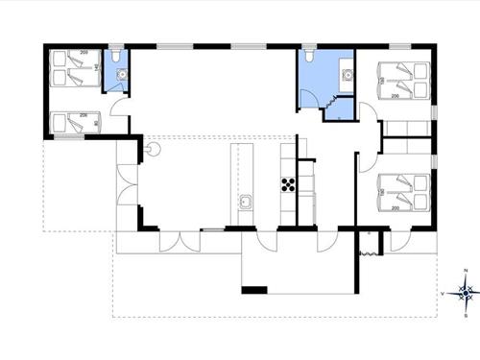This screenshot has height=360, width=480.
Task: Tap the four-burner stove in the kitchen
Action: click(x=286, y=184)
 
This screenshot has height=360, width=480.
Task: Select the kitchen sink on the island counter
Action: click(x=246, y=203)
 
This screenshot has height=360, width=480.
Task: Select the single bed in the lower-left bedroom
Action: click(x=72, y=122)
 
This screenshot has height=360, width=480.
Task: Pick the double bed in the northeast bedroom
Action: click(x=403, y=82)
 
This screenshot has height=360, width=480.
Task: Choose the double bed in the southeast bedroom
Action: click(x=402, y=191)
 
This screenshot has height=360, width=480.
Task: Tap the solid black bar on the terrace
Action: click(x=254, y=290)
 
